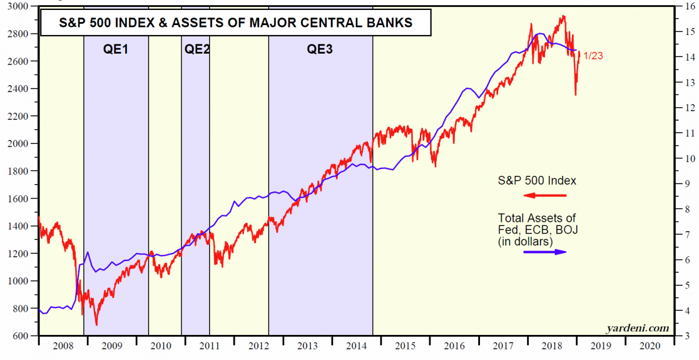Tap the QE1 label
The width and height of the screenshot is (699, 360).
click(116, 50)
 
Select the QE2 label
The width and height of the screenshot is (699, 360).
click(196, 50)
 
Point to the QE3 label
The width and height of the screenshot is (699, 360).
click(320, 50)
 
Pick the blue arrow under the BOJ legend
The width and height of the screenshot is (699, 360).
click(544, 252)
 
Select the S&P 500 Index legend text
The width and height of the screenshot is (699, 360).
click(536, 181)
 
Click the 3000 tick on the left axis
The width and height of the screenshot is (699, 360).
click(20, 6)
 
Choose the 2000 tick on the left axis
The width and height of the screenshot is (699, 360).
click(20, 144)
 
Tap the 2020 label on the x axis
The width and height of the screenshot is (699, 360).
click(649, 345)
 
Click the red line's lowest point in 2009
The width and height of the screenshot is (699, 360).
click(97, 324)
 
